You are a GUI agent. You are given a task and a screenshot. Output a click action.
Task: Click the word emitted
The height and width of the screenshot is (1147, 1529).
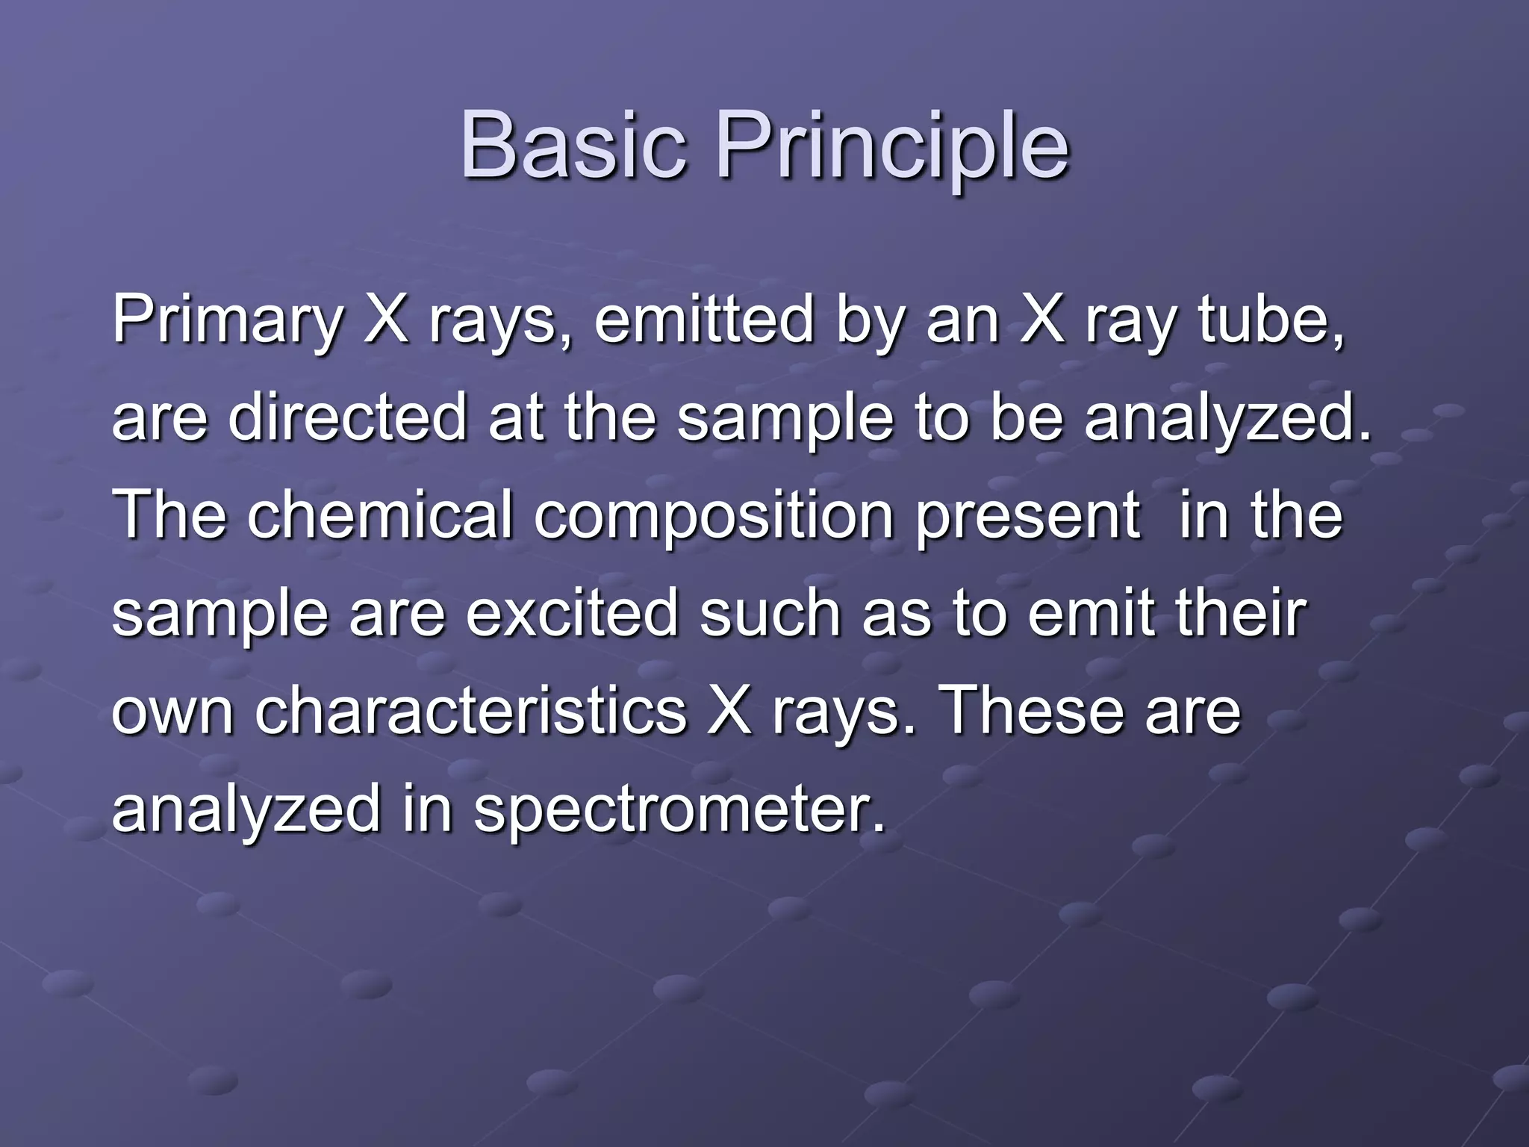pos(703,320)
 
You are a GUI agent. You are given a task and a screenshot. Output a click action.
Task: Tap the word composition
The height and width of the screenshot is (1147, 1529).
pos(714,516)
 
